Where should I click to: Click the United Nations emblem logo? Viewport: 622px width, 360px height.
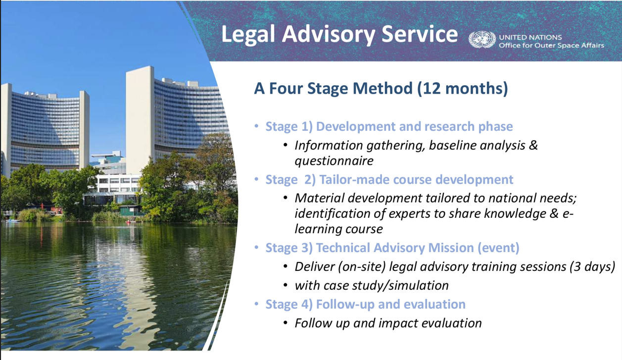click(482, 40)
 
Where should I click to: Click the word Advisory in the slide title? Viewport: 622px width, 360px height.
click(328, 35)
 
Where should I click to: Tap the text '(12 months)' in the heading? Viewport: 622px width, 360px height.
click(462, 88)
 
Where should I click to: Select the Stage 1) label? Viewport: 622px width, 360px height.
click(289, 126)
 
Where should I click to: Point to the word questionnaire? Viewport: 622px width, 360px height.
click(334, 161)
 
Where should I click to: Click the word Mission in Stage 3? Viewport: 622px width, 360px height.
click(451, 248)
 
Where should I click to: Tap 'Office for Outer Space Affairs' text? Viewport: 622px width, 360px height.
click(551, 45)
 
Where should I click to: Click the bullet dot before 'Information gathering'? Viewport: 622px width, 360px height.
click(285, 145)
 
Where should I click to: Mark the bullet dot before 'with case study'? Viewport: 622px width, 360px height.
click(285, 285)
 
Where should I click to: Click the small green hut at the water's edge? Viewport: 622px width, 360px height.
click(130, 210)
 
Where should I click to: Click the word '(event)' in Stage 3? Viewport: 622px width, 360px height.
click(498, 248)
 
